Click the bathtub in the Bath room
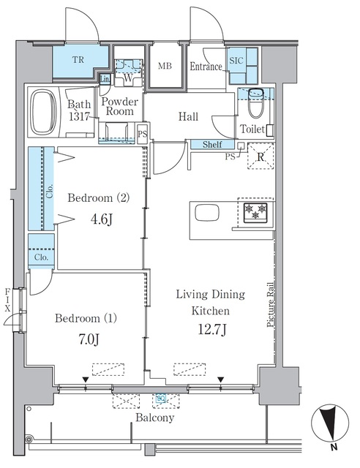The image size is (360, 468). pyautogui.click(x=44, y=112)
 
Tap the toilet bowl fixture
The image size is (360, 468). pyautogui.click(x=256, y=103)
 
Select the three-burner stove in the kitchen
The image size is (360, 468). pyautogui.click(x=255, y=213)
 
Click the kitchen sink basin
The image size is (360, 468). pyautogui.click(x=207, y=213)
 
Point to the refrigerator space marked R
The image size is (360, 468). pyautogui.click(x=260, y=156)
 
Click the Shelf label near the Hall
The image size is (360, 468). pyautogui.click(x=212, y=145)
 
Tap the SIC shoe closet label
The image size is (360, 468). pyautogui.click(x=236, y=61)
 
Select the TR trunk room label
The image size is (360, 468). pyautogui.click(x=78, y=60)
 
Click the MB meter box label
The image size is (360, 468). pyautogui.click(x=165, y=66)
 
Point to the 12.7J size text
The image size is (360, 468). pyautogui.click(x=212, y=330)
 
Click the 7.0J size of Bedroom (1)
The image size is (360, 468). pyautogui.click(x=89, y=339)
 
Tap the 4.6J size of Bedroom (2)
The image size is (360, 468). pyautogui.click(x=102, y=219)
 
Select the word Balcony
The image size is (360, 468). pyautogui.click(x=154, y=418)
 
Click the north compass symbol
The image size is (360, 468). pyautogui.click(x=330, y=423)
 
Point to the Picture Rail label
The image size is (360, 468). pyautogui.click(x=271, y=304)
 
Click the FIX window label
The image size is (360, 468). pyautogui.click(x=7, y=300)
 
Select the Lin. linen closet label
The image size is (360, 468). pyautogui.click(x=105, y=80)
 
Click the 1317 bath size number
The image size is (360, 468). pyautogui.click(x=79, y=116)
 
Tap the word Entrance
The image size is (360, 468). pyautogui.click(x=206, y=67)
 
